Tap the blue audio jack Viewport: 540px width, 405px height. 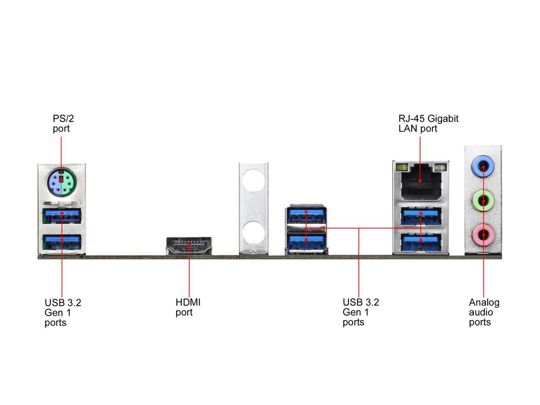[x=483, y=167]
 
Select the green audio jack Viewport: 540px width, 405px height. [x=483, y=201]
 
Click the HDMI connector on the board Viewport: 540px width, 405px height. [x=189, y=246]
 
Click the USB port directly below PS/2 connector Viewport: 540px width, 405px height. [x=62, y=216]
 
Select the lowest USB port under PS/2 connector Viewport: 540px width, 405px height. [x=62, y=242]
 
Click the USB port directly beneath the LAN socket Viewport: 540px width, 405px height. [x=421, y=216]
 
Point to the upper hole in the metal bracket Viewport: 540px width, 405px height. [x=253, y=179]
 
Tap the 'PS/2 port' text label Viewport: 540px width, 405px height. [x=63, y=124]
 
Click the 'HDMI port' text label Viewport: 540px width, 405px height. [x=188, y=307]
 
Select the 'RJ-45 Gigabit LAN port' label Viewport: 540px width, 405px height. [x=428, y=124]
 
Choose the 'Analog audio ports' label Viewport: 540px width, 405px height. [x=484, y=312]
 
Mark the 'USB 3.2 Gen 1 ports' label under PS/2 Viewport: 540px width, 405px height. [x=62, y=313]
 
